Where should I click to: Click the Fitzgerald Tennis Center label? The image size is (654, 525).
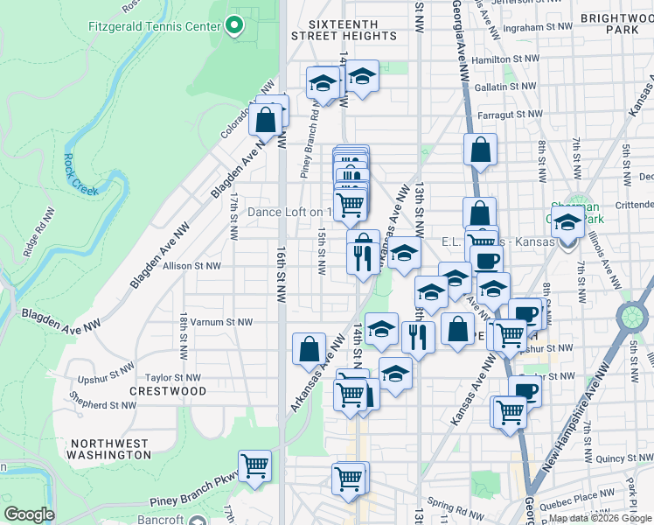tap(154, 25)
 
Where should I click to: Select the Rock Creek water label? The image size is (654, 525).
tap(80, 174)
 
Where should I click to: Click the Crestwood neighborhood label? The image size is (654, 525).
tap(168, 390)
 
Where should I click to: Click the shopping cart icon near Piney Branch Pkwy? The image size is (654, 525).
tap(254, 465)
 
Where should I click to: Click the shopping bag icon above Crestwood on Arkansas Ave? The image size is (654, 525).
tap(309, 349)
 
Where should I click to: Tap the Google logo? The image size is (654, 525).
tap(29, 514)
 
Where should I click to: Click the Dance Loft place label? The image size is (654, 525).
tap(289, 212)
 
